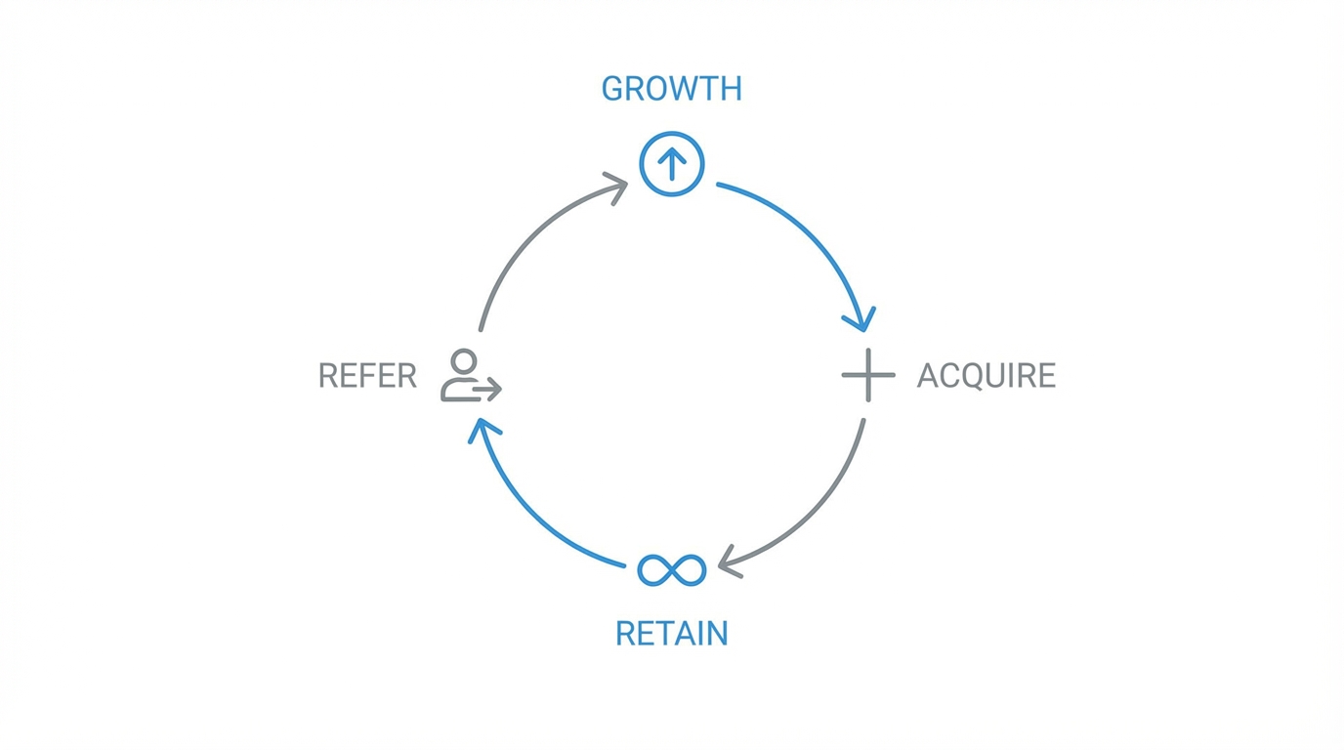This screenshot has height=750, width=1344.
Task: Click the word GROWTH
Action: pos(671,89)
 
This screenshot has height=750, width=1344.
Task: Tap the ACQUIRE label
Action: pos(987,376)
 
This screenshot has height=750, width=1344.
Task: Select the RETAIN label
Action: pos(671,634)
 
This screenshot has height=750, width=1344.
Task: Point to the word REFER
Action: pos(367,376)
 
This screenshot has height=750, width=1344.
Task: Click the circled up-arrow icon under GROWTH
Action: pos(672,164)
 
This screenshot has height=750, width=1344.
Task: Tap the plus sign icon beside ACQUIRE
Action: pos(867,375)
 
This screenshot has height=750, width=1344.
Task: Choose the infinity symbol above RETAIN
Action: pos(671,569)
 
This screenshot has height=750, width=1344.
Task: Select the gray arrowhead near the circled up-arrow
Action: pos(615,186)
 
